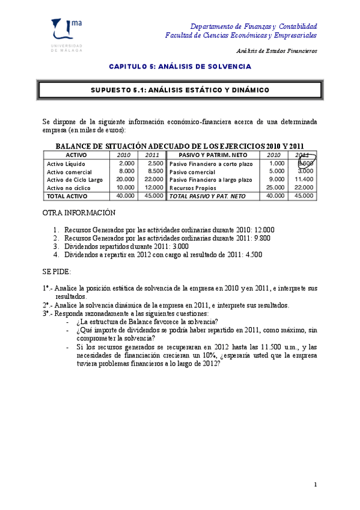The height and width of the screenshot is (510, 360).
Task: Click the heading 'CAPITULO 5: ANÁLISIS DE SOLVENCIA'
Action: point(180,66)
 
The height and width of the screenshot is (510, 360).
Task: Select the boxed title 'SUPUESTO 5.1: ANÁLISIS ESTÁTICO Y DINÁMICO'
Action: point(180,90)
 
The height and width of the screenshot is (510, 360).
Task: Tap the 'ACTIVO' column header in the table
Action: point(75,155)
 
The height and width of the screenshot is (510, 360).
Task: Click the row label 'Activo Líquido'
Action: point(67,164)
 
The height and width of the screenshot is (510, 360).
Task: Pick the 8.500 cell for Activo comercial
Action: point(154,171)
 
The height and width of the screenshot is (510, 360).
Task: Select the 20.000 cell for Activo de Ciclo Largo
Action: point(125,179)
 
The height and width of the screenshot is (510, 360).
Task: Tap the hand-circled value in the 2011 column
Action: point(305,164)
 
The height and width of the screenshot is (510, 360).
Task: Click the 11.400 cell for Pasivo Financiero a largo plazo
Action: point(304,179)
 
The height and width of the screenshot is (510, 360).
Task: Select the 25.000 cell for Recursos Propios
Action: point(275,188)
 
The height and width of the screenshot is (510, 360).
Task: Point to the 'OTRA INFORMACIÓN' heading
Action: point(78,213)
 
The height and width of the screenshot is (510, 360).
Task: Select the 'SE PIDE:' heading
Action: point(56,272)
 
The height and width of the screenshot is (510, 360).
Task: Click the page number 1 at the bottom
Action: point(315,484)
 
